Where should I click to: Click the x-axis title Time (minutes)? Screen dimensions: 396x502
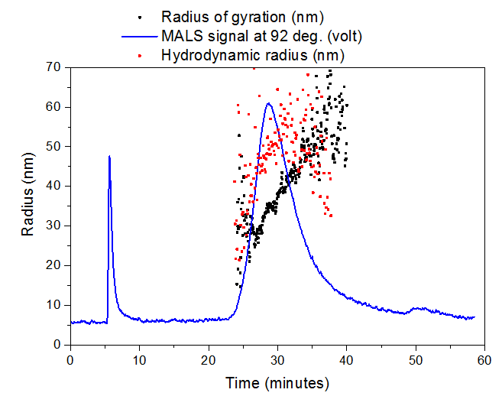click(277, 382)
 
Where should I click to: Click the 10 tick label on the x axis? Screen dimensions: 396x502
click(139, 359)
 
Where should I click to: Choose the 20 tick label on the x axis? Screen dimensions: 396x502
click(209, 359)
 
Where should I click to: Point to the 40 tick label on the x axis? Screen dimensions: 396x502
click(347, 359)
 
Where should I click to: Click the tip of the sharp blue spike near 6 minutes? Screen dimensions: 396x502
click(109, 157)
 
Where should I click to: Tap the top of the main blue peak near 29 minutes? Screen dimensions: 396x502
click(268, 103)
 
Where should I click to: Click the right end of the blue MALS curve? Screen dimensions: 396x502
click(474, 316)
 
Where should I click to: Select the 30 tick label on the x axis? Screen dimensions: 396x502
click(277, 359)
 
